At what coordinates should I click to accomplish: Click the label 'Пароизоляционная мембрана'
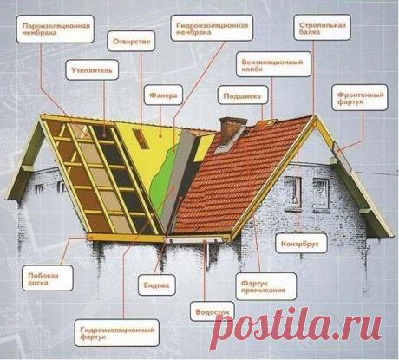point(56,29)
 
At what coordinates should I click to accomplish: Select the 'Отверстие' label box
point(131,41)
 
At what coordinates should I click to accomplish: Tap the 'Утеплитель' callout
point(92,69)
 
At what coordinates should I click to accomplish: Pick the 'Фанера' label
point(163,95)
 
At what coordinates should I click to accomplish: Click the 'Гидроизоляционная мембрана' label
point(212,28)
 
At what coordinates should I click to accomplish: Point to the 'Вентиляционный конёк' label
point(273,64)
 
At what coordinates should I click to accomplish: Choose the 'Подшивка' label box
point(243,96)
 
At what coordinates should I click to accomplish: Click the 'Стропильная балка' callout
point(322,28)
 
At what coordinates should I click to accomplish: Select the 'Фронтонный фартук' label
point(360,97)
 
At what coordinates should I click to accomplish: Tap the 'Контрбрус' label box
point(301,244)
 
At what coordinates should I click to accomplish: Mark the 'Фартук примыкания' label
point(266,286)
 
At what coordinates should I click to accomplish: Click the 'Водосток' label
point(213,311)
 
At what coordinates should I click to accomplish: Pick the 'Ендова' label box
point(157,285)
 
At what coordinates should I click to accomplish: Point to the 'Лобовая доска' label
point(48,278)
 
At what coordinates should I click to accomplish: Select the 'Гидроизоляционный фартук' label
point(117,333)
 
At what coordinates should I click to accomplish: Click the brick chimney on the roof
point(231,129)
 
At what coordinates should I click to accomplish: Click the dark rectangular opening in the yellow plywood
point(141,139)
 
